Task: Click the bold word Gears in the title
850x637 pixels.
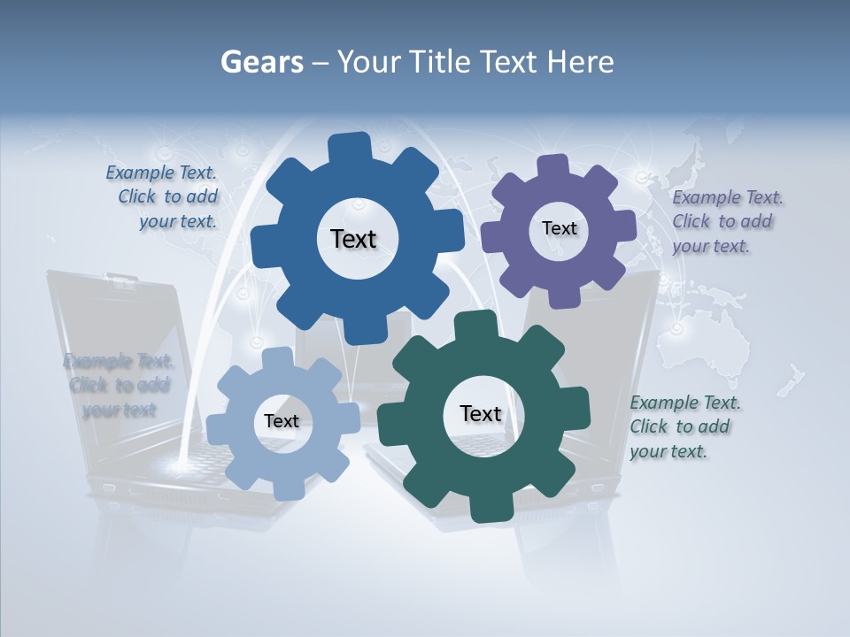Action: [261, 63]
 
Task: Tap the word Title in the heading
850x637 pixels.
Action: [443, 63]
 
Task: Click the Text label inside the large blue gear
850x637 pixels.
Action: [353, 239]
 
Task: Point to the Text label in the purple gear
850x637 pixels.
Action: [559, 228]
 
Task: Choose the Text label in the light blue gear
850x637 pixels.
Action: [282, 421]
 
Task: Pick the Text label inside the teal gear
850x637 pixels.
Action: [481, 413]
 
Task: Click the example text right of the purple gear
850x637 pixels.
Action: [726, 221]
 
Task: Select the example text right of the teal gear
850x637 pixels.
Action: [684, 426]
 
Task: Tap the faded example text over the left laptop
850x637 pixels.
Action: [118, 385]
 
